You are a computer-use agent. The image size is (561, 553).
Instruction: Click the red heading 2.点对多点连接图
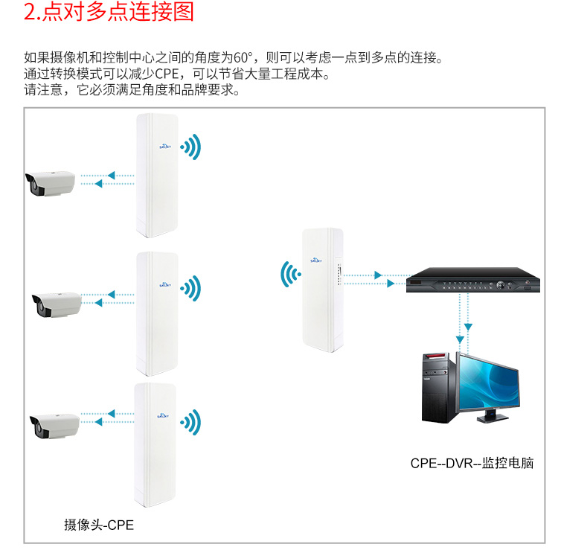point(109,11)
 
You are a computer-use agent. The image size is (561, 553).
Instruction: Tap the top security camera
point(50,183)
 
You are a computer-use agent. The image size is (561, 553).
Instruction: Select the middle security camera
point(57,304)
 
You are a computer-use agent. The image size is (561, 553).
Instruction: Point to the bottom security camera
point(54,426)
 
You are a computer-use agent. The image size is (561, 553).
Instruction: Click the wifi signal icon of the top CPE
point(190,147)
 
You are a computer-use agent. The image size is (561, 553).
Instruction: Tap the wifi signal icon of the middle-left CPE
point(190,288)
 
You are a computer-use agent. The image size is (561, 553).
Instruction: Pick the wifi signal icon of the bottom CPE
point(190,422)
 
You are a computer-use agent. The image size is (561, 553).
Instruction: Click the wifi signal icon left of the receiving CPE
point(290,275)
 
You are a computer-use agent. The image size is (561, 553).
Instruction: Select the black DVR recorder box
point(473,280)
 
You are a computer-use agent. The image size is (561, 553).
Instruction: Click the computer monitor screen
point(489,382)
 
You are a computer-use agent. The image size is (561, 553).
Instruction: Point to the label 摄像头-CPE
point(99,525)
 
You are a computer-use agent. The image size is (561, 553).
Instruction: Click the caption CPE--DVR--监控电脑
point(472,463)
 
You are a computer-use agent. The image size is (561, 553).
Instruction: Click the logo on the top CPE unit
point(165,146)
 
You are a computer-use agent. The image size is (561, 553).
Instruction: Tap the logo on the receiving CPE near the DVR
point(316,260)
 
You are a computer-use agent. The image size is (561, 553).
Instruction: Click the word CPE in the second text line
point(167,74)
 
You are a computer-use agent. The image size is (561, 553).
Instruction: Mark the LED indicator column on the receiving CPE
point(339,275)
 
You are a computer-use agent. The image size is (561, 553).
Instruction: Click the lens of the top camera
point(33,185)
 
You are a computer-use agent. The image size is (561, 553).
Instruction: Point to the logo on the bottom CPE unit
point(163,416)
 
